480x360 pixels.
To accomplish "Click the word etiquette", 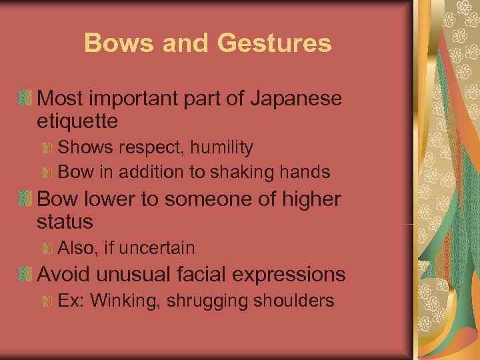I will pos(78,121).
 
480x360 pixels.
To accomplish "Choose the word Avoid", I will pos(65,274).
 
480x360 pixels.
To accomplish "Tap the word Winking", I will pos(126,301).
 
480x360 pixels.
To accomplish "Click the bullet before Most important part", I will pos(26,99).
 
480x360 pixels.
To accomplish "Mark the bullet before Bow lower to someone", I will pos(26,199).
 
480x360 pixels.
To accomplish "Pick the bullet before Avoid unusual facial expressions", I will pos(26,274).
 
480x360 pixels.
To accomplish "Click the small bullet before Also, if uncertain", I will pos(47,249).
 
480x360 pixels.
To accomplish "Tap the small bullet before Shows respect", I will pos(47,147).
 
